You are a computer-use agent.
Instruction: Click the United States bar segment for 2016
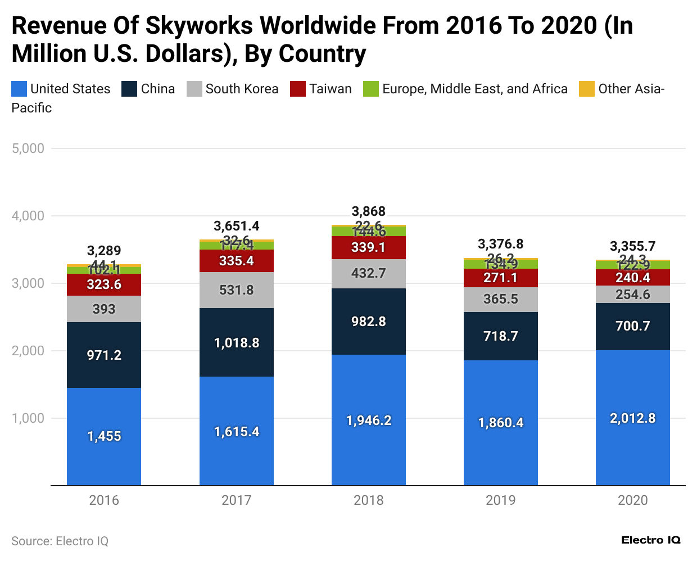tap(104, 436)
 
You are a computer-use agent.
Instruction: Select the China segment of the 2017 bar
tap(236, 342)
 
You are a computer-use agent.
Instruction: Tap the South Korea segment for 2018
tap(368, 274)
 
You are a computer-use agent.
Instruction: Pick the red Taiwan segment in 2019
tap(500, 278)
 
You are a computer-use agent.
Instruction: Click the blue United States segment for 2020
tap(632, 418)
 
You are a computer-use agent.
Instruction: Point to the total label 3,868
tap(368, 211)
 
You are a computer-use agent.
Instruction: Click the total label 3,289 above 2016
tap(104, 251)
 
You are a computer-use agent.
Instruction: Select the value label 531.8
tap(236, 290)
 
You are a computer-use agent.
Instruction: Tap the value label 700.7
tap(632, 326)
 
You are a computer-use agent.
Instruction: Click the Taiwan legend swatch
tap(298, 89)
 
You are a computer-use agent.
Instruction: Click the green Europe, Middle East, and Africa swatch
tap(371, 89)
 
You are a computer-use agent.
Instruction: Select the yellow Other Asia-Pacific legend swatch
tap(587, 89)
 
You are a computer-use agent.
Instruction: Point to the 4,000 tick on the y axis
tap(28, 216)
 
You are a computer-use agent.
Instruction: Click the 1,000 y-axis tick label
tap(28, 418)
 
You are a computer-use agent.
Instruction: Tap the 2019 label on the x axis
tap(500, 500)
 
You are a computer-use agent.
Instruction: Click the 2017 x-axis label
tap(236, 500)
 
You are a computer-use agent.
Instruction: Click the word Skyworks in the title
tap(200, 26)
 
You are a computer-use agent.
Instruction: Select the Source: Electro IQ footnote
tap(60, 541)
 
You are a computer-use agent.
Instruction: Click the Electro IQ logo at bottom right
tap(651, 540)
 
